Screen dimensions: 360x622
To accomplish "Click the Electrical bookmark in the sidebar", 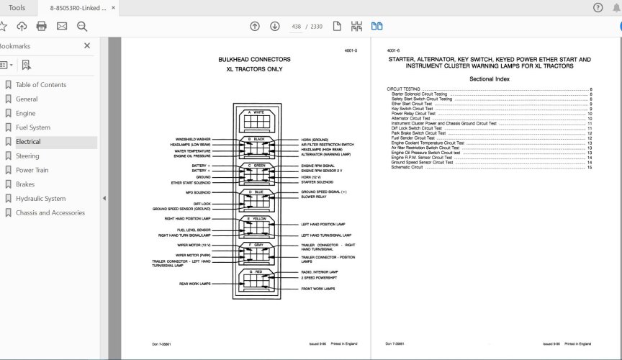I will (x=28, y=142).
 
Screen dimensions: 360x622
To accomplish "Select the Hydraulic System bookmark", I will (x=40, y=199).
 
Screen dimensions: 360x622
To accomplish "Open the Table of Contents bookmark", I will (x=40, y=85).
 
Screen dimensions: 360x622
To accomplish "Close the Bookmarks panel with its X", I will (x=87, y=45).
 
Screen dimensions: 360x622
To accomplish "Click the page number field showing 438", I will (x=297, y=27).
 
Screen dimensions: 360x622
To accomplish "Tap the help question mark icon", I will (x=598, y=8).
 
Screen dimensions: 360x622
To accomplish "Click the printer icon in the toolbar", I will (x=41, y=27).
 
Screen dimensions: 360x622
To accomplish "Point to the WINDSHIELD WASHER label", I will (x=193, y=139).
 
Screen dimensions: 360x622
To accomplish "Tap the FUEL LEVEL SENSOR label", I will (x=194, y=230).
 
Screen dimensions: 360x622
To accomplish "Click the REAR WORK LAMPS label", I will (x=194, y=284).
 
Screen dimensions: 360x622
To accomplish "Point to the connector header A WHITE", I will (x=256, y=112).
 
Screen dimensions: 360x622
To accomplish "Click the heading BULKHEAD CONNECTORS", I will (x=254, y=60).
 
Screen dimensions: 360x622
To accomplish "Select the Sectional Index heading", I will (x=490, y=78).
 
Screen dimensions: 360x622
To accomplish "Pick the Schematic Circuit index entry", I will (x=407, y=167).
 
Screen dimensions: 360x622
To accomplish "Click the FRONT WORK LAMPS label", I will (x=318, y=289).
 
